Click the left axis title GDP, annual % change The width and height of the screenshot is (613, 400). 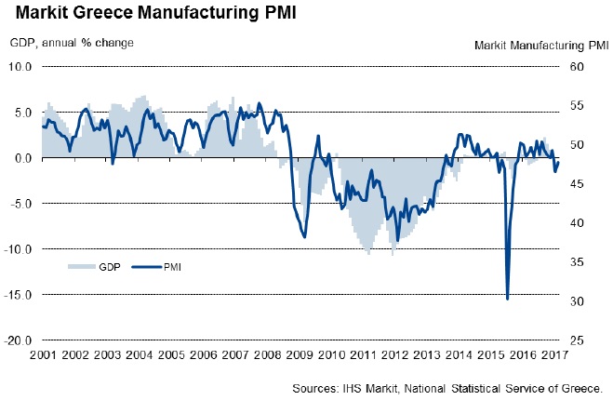point(72,43)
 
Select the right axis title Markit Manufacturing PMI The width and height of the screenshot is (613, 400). point(541,44)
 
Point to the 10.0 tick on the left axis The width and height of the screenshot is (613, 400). point(21,67)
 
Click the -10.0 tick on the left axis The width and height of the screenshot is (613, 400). point(20,249)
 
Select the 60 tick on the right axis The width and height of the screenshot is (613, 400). point(576,67)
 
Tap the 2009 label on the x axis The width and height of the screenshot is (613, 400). point(300,355)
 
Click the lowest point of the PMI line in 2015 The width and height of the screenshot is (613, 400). point(507,299)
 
